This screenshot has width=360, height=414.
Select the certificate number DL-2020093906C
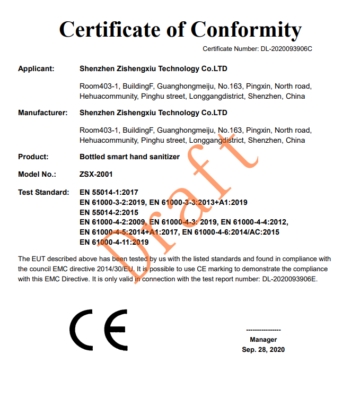(x=286, y=49)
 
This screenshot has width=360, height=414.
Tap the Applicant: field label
(x=36, y=68)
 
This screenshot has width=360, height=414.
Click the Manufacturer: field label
(x=42, y=113)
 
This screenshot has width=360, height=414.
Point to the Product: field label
(x=33, y=157)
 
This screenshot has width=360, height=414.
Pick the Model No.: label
(x=36, y=174)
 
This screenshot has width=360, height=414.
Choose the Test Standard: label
(x=43, y=192)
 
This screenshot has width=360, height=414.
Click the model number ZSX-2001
(x=96, y=174)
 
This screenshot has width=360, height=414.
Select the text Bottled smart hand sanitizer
(x=129, y=157)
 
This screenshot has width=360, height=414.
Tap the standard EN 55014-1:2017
(x=109, y=192)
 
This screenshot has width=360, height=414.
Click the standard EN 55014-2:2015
(x=109, y=212)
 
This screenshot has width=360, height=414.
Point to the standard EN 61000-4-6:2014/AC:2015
(x=231, y=232)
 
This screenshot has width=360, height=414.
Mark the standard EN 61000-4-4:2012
(x=254, y=222)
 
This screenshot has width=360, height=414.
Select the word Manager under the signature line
(x=263, y=339)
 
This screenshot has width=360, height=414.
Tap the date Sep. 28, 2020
(x=263, y=349)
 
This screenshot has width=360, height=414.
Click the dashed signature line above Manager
(x=264, y=330)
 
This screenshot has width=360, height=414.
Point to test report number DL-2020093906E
(x=289, y=279)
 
